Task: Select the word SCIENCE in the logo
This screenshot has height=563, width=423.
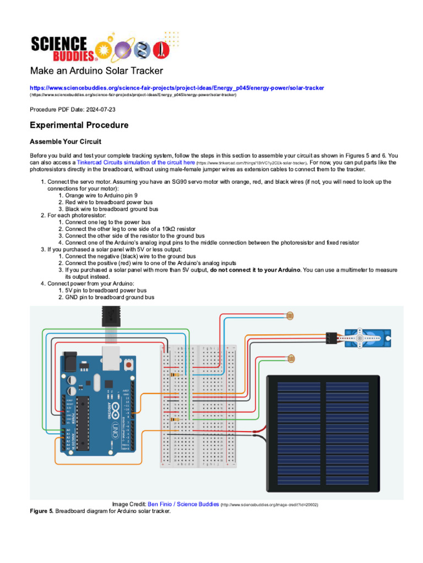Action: pyautogui.click(x=59, y=43)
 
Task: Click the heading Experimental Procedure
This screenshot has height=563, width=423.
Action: pyautogui.click(x=79, y=125)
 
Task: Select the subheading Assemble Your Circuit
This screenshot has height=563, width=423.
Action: pyautogui.click(x=66, y=142)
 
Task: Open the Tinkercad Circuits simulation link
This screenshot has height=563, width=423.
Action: pyautogui.click(x=135, y=163)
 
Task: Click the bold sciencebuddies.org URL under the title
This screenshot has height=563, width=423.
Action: pyautogui.click(x=177, y=88)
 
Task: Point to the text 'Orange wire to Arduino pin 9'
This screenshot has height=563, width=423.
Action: pyautogui.click(x=101, y=195)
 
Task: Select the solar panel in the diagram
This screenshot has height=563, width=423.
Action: pyautogui.click(x=323, y=434)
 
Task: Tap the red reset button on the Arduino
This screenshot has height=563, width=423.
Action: pyautogui.click(x=128, y=364)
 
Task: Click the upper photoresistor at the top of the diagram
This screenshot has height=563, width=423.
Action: pyautogui.click(x=290, y=316)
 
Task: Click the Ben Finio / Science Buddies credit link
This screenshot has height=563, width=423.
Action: pyautogui.click(x=183, y=504)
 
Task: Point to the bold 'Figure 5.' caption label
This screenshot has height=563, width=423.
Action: pyautogui.click(x=41, y=511)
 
